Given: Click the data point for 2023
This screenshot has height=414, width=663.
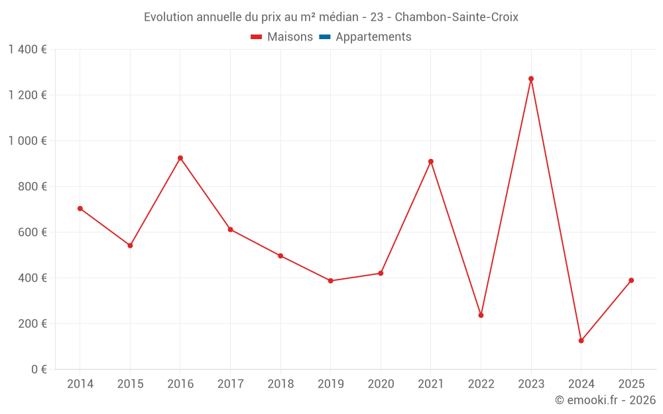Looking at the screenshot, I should [x=531, y=79].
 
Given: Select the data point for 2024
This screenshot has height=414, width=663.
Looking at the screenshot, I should [x=581, y=340].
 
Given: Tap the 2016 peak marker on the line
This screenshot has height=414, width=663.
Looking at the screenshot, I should [x=180, y=158].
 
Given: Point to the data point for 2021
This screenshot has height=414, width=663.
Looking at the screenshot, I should [x=431, y=162].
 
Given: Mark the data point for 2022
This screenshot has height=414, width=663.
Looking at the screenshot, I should [x=481, y=315].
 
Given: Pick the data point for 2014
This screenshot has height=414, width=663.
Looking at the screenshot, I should [x=80, y=209].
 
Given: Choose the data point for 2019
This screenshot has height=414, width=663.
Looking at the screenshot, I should [x=331, y=281].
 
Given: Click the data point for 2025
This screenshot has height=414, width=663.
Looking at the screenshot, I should [x=631, y=280].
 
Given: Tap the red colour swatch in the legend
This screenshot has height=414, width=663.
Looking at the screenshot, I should [x=257, y=37].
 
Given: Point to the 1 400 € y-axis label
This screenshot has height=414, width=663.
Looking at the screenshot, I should [x=27, y=50].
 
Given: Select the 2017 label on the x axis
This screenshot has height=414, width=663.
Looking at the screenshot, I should [x=230, y=384].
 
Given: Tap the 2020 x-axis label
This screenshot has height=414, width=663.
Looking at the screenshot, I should [x=381, y=384].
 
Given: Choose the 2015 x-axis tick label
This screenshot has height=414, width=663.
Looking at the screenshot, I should [x=130, y=384].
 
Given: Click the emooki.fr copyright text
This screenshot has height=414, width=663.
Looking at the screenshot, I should [x=605, y=400].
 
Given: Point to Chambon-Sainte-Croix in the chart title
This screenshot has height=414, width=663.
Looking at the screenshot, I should [x=456, y=17].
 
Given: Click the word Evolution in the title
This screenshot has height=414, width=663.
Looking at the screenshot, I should [x=168, y=17].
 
